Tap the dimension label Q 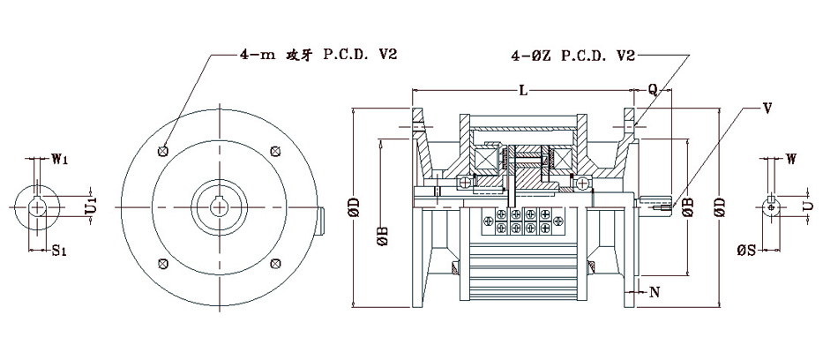tap(653, 89)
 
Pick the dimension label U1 tap(91, 206)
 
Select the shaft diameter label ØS tap(745, 251)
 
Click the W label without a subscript tap(792, 160)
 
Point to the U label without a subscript tap(807, 205)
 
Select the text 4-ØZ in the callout tap(529, 55)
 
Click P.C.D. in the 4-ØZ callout tap(582, 55)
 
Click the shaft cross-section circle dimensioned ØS tap(773, 206)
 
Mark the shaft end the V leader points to tap(660, 206)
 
